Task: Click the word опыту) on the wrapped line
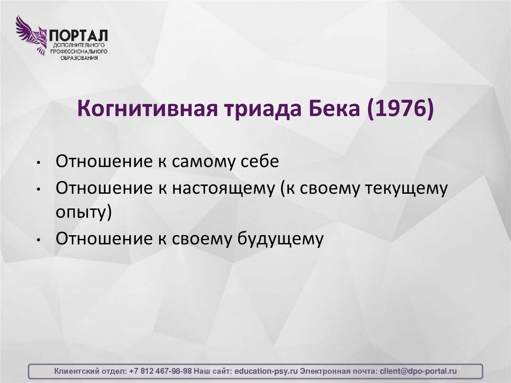click(x=83, y=212)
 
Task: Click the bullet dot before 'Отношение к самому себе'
click(x=38, y=164)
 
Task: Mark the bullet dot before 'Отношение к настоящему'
click(x=38, y=190)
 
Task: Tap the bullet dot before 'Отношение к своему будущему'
click(x=38, y=239)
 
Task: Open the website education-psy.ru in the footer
click(x=266, y=372)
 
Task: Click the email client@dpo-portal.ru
click(x=418, y=372)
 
